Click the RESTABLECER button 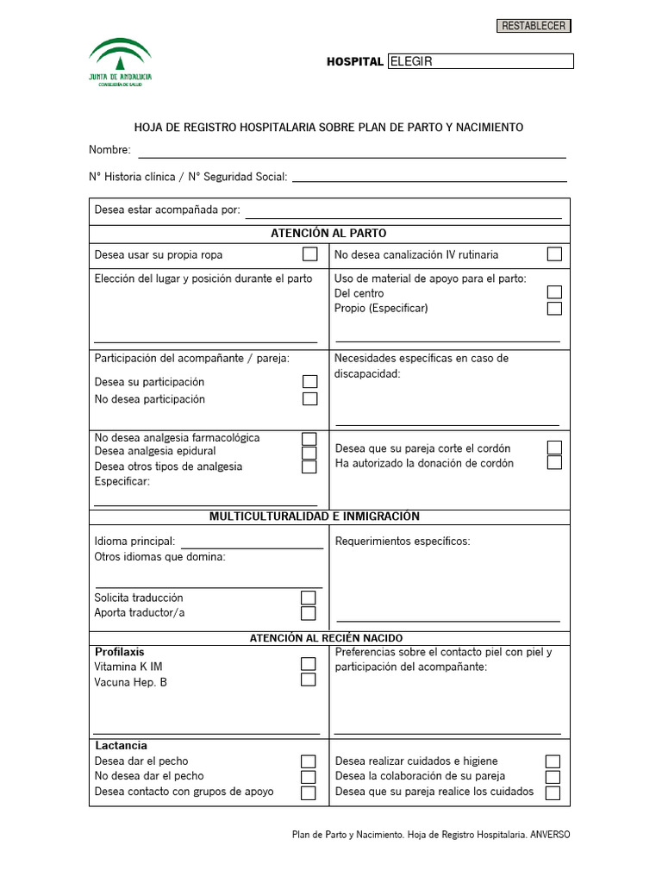(534, 26)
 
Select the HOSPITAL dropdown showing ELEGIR (480, 61)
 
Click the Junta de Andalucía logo (121, 61)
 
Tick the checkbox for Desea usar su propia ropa (309, 254)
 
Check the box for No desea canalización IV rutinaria (554, 254)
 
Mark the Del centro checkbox (554, 293)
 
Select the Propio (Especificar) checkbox (554, 308)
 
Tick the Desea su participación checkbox (309, 382)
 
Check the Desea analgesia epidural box (309, 453)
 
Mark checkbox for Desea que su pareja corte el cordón (554, 448)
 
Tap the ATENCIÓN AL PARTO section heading (328, 233)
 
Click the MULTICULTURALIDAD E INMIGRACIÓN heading (315, 517)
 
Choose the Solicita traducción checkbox (308, 598)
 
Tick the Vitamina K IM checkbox (308, 664)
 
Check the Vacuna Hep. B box (308, 679)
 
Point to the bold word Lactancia (121, 745)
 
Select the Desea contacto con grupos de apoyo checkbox (308, 792)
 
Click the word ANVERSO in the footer (549, 835)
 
